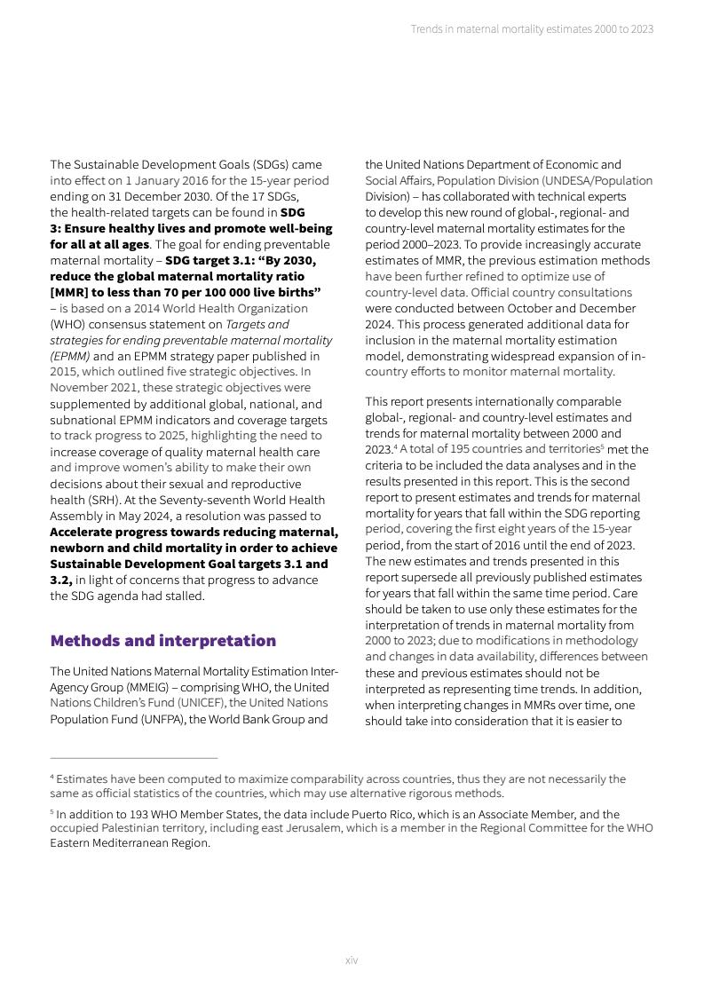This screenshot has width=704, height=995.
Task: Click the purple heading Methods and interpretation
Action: coord(162,641)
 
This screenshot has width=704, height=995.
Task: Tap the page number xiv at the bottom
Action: coord(352,960)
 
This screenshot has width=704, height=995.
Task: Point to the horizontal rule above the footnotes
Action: coord(133,758)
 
